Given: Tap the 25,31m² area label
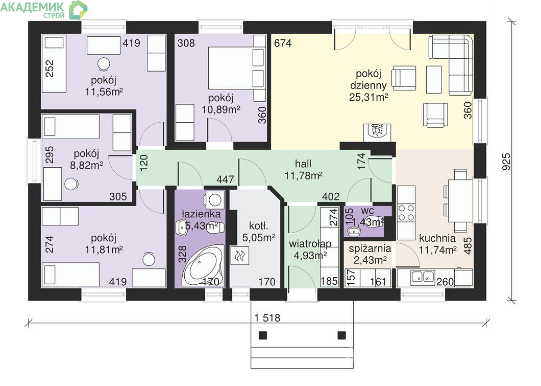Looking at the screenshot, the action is point(368,97).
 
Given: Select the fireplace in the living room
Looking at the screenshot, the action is point(378,132).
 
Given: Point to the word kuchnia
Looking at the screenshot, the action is point(437,238).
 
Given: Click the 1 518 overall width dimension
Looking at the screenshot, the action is point(267,317).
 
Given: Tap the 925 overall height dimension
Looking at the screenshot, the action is point(506,162).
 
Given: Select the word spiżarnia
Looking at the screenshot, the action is point(370,248).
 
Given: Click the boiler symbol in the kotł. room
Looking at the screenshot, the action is point(239,256).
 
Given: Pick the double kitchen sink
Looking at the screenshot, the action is point(423,277).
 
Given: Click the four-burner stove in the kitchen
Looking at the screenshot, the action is point(406,213).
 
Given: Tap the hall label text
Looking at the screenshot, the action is point(303,164).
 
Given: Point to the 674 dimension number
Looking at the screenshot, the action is point(283,43).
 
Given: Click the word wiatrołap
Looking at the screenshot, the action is point(310,244).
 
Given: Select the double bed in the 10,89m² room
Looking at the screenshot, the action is point(236,67).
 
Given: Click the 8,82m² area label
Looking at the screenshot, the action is point(87,165).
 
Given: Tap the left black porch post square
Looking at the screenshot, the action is point(263,335).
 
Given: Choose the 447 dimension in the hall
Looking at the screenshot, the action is point(225,179).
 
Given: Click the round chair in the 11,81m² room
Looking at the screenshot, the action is point(149,259).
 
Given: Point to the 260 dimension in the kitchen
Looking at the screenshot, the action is point(445,282).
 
